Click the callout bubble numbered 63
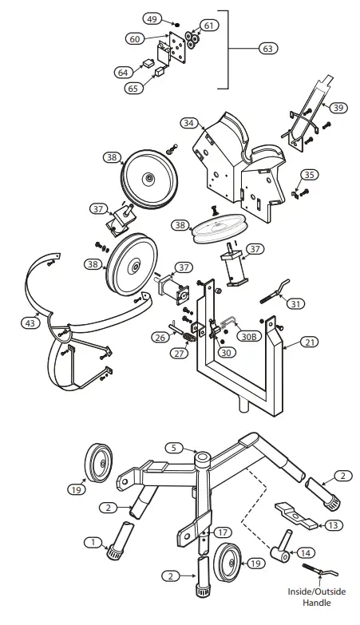267,49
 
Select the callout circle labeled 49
152,18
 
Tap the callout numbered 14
306,552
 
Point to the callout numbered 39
338,107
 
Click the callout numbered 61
208,26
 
